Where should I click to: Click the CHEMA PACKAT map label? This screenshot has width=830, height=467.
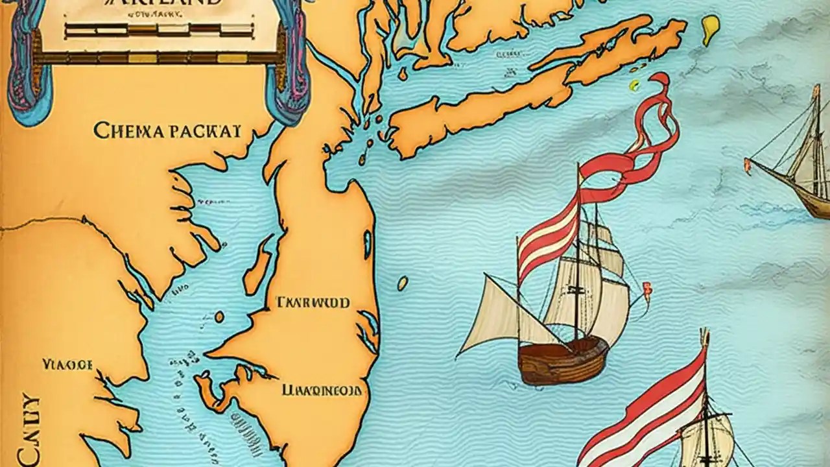(x=167, y=130)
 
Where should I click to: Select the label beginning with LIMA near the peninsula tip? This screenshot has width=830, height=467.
(x=322, y=390)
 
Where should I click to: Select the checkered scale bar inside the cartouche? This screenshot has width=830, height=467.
(x=158, y=29)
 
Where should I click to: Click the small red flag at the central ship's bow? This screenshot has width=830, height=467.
(x=646, y=287)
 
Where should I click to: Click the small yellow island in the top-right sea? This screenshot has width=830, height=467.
(x=711, y=29)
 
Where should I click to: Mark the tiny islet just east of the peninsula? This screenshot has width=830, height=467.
(x=403, y=283)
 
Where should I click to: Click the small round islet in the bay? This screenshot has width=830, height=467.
(x=219, y=317)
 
